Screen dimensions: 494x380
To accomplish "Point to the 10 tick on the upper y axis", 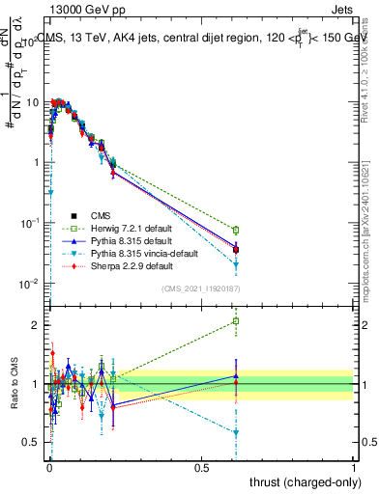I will click(x=33, y=101).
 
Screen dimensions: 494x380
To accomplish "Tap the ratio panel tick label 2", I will click(x=37, y=325).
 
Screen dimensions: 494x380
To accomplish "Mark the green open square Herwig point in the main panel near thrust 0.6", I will click(x=236, y=230).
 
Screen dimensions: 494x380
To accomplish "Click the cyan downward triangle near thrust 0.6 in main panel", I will click(x=236, y=264).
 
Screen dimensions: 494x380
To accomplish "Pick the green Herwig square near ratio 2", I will click(x=236, y=321).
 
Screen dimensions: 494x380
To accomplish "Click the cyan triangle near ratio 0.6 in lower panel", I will click(x=236, y=432).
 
